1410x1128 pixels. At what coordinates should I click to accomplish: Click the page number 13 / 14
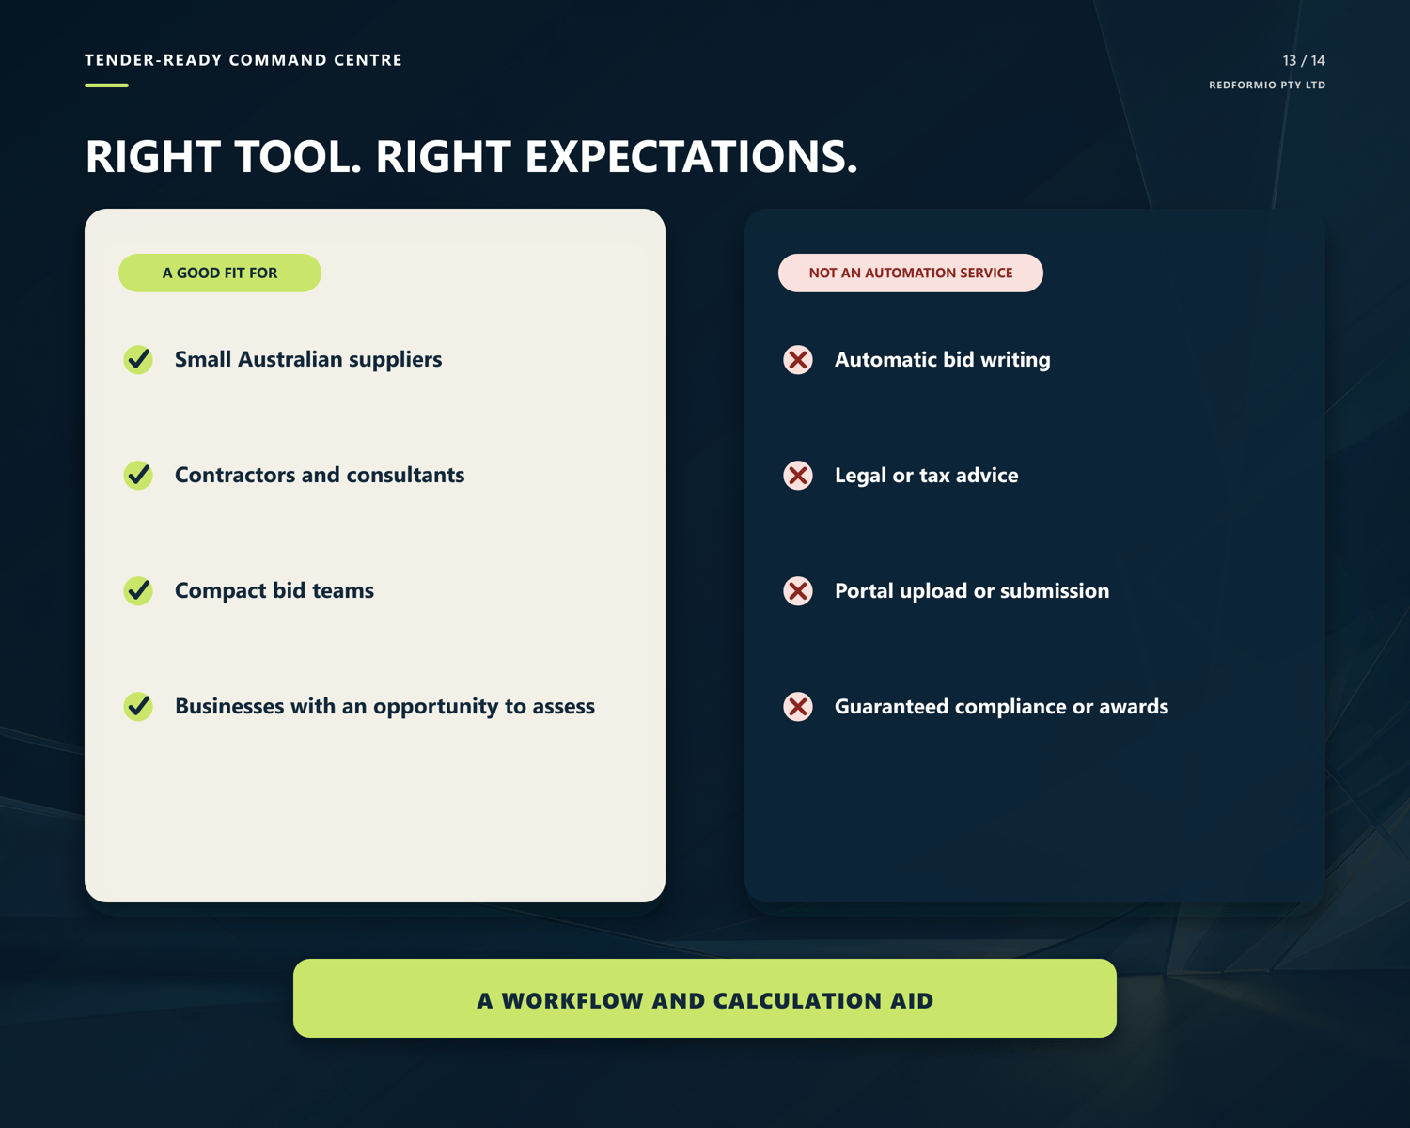(1303, 60)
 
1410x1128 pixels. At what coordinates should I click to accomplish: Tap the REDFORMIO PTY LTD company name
(1266, 86)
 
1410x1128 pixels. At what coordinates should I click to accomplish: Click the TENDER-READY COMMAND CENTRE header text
(243, 60)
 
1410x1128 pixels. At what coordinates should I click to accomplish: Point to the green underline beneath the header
(106, 86)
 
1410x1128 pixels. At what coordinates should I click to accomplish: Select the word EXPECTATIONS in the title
(691, 157)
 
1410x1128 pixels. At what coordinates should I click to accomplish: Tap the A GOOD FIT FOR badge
(220, 273)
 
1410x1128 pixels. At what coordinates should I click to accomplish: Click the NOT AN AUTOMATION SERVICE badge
(910, 273)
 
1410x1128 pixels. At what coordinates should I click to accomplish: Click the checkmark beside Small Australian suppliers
(138, 359)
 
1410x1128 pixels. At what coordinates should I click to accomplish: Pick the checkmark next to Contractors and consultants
(138, 476)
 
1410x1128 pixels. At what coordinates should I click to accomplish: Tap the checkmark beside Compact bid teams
(138, 590)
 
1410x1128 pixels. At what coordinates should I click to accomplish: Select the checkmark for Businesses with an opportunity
(138, 706)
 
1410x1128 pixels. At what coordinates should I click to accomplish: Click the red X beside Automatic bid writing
(798, 360)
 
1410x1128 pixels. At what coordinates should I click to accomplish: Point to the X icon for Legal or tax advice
(798, 476)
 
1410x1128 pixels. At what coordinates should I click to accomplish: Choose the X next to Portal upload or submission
(798, 590)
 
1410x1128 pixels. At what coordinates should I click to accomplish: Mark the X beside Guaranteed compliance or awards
(798, 707)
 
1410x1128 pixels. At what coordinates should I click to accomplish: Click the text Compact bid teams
(274, 590)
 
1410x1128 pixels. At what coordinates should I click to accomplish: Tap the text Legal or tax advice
(927, 476)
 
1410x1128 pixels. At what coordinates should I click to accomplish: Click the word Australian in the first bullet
(290, 359)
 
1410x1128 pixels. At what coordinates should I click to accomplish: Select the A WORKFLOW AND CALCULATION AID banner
(704, 998)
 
